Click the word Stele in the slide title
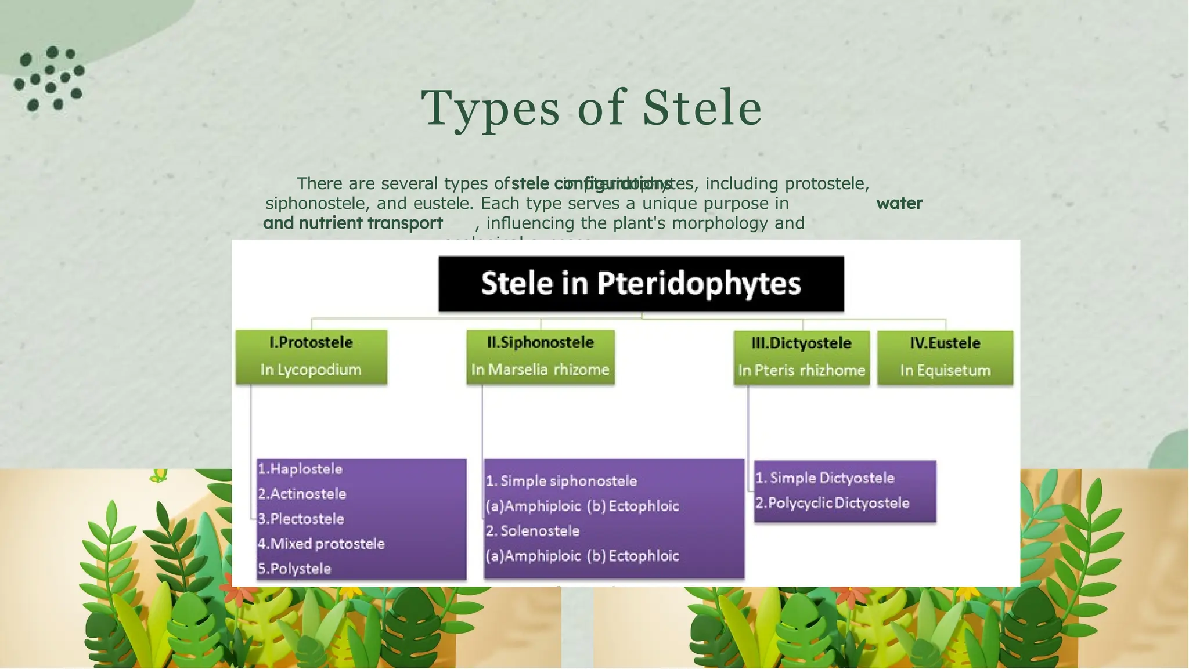coord(702,109)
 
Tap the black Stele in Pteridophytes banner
coord(641,284)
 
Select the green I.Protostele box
coord(311,356)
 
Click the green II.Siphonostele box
coord(541,356)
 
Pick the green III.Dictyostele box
coord(802,357)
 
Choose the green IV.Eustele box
coord(945,357)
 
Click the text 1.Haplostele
coord(300,469)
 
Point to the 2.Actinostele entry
coord(302,494)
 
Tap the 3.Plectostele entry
coord(301,519)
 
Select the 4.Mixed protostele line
coord(321,544)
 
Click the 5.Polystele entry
coord(294,569)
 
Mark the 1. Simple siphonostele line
coord(561,481)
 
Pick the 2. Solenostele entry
coord(533,531)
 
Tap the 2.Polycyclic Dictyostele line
coord(833,503)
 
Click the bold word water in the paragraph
coord(899,204)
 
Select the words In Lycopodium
coord(311,370)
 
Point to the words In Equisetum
coord(945,370)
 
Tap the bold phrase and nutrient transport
coord(353,223)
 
